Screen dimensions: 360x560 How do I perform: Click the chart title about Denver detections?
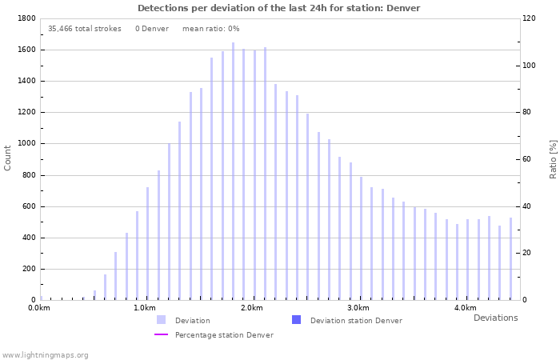[278, 8]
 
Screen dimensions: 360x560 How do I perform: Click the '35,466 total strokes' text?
[84, 29]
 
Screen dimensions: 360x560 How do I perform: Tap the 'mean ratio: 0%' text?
[210, 29]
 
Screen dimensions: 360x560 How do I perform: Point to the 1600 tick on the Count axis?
[26, 50]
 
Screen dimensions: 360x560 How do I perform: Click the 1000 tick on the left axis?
[26, 144]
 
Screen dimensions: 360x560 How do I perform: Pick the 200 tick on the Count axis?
[29, 270]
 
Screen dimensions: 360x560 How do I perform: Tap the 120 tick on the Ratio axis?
[530, 18]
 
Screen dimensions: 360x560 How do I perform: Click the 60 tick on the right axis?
[527, 159]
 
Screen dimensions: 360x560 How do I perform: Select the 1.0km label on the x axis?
[144, 308]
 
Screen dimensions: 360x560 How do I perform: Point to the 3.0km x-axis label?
[358, 308]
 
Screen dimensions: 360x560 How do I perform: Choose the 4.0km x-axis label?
[466, 308]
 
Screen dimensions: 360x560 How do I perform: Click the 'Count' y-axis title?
[8, 158]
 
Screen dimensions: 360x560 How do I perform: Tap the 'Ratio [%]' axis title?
[553, 158]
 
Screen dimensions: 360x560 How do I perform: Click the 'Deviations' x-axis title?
[495, 318]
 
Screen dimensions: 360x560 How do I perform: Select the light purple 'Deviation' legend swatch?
[161, 320]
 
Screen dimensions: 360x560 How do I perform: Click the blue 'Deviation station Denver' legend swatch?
[296, 320]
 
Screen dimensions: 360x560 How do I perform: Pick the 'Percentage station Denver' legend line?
[161, 334]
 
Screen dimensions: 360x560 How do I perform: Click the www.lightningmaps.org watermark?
[45, 354]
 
